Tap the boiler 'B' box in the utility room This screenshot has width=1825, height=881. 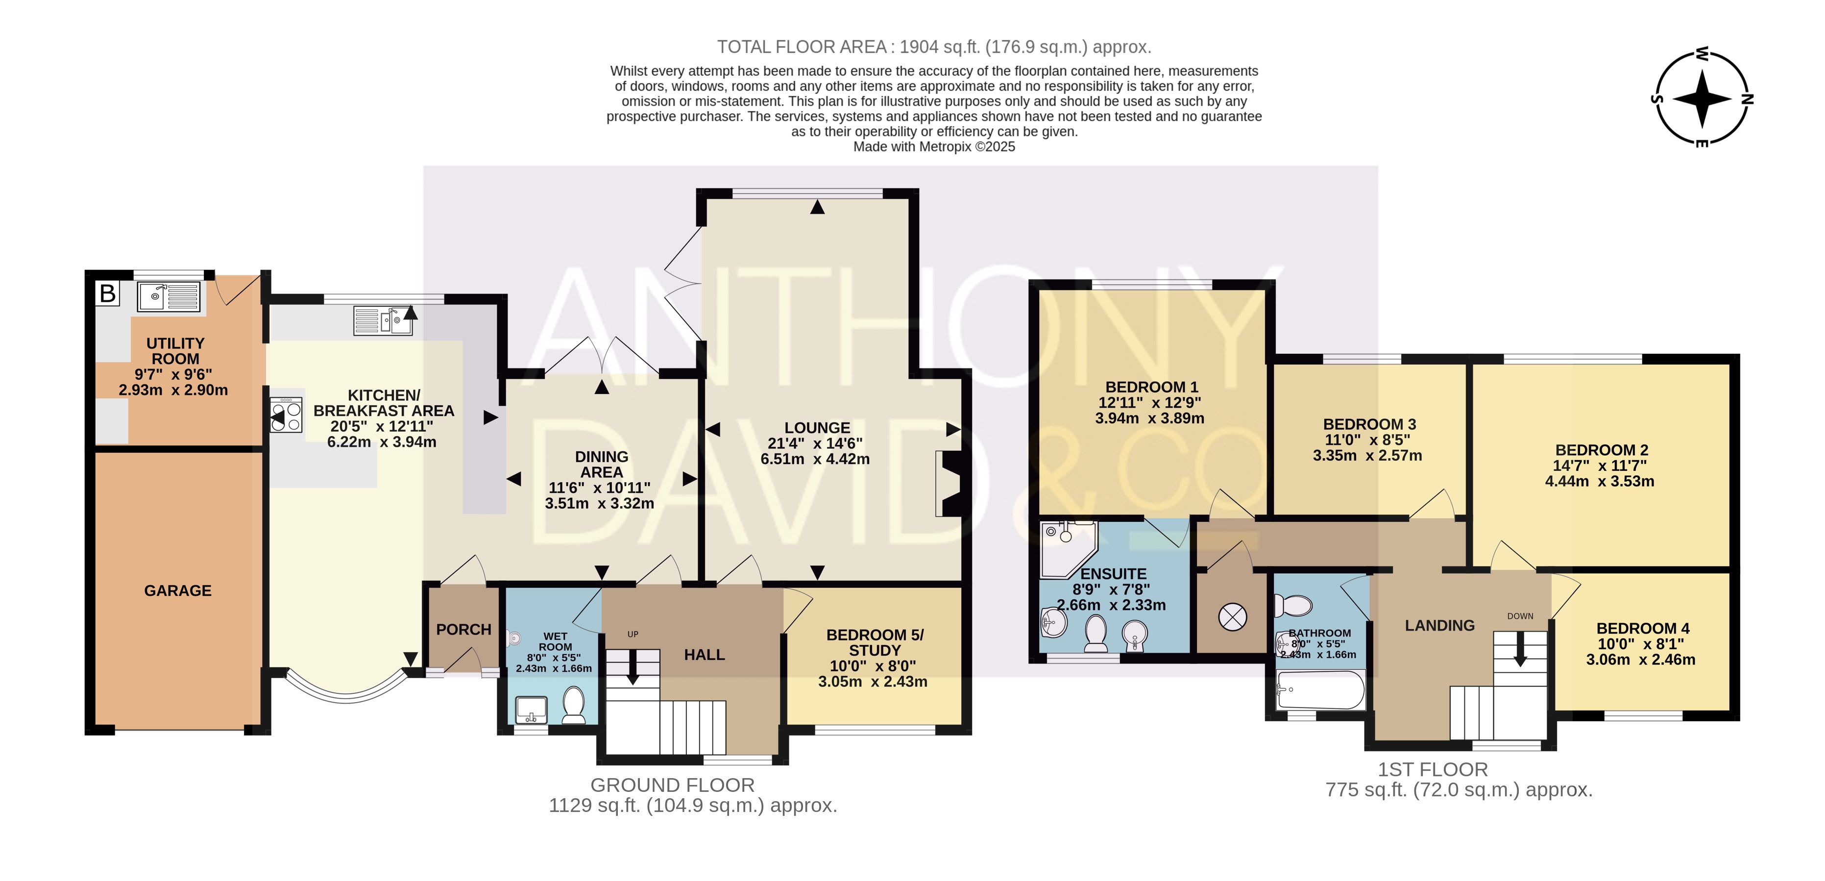tap(108, 294)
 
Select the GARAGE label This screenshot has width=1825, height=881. tap(178, 590)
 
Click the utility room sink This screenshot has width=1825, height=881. tap(169, 296)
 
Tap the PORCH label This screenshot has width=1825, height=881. tap(464, 629)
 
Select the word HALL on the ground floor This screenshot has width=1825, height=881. tap(704, 655)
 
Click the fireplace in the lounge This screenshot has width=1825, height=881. tap(949, 484)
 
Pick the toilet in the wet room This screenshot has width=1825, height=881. tap(573, 705)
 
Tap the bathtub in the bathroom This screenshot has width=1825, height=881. tap(1320, 689)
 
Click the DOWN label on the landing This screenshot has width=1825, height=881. tap(1520, 616)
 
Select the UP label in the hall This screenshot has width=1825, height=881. tap(633, 635)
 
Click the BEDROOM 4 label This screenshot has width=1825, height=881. tap(1642, 629)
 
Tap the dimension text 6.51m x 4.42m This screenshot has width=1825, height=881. tap(815, 459)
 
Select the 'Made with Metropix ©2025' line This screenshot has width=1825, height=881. tap(934, 147)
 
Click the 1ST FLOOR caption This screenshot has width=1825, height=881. tap(1433, 770)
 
